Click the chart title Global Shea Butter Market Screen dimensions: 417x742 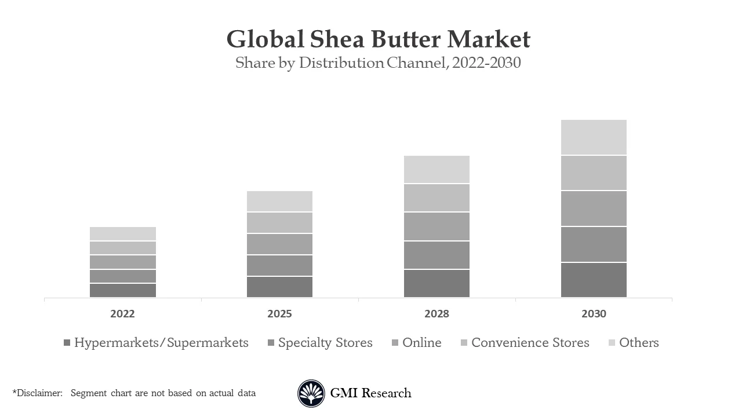coord(378,39)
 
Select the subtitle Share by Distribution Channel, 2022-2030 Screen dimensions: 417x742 coord(378,63)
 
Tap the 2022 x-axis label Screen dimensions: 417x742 coord(122,314)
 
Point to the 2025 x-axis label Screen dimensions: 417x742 coord(279,314)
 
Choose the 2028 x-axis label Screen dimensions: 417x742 coord(437,314)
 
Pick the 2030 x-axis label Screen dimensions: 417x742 coord(594,314)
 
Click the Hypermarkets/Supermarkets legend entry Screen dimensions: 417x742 coord(161,343)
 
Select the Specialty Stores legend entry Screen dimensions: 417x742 coord(325,343)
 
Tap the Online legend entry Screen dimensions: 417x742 coord(421,343)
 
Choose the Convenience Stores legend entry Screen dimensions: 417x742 coord(530,343)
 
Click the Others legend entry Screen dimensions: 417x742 coord(638,343)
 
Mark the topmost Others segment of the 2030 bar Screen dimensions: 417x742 coord(594,137)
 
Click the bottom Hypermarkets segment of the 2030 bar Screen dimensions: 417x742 coord(594,280)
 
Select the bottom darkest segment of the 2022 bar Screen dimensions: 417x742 coord(122,290)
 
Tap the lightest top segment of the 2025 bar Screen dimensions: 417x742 coord(279,201)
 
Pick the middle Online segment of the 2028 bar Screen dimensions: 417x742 coord(437,226)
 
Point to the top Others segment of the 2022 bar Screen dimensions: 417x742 coord(122,233)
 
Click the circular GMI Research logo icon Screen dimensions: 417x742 coord(311,394)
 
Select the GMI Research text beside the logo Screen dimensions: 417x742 coord(370,393)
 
